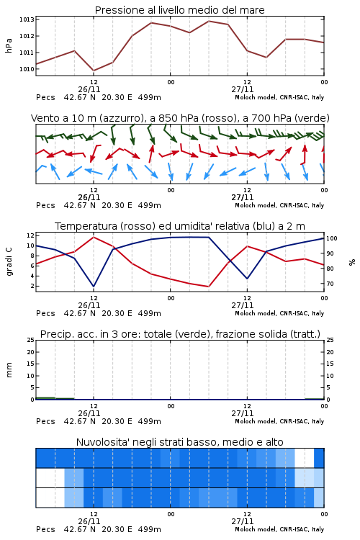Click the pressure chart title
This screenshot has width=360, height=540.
coord(179,10)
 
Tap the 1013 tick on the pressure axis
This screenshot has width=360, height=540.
coord(27,19)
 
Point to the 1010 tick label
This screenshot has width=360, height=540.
coord(27,69)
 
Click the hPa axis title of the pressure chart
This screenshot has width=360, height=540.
coord(9,46)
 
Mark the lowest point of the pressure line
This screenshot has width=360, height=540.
coord(94,71)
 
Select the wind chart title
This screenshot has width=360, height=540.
coord(180,118)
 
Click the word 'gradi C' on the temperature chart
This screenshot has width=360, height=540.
coord(9,262)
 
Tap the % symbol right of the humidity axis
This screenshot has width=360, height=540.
coord(352,262)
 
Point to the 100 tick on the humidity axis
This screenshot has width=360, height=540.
coord(332,238)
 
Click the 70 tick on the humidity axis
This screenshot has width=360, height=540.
coord(330,284)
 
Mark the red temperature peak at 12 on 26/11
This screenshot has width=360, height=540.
coord(94,237)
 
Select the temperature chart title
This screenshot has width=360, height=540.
coord(180,226)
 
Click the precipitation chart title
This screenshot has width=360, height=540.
coord(180,334)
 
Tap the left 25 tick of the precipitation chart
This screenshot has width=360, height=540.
coord(31,340)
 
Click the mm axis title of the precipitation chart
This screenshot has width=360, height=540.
coord(9,370)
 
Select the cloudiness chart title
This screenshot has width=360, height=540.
coord(180,442)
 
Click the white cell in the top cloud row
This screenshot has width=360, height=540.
coord(305,458)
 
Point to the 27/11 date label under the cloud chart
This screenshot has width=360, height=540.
coord(243,521)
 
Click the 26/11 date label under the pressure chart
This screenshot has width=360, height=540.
coord(89,89)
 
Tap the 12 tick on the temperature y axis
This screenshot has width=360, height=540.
coord(31,235)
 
